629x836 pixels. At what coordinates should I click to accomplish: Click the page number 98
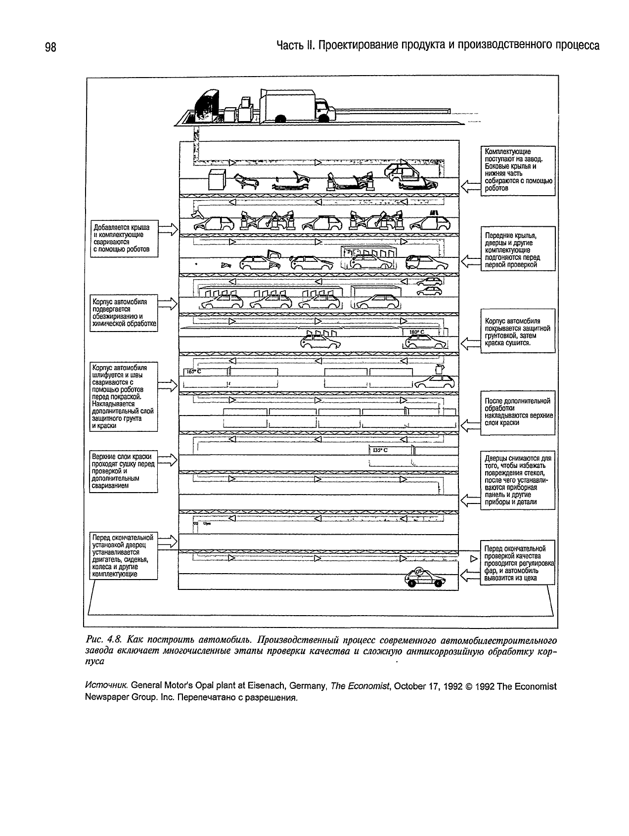tap(51, 47)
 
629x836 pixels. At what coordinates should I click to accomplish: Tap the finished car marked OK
tap(424, 577)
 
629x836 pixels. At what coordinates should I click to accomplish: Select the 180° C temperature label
tap(416, 332)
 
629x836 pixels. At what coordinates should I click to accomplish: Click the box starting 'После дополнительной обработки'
tap(517, 412)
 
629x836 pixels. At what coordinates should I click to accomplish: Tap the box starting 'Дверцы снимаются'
tap(517, 480)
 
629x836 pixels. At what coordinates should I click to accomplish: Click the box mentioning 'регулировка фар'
tap(517, 563)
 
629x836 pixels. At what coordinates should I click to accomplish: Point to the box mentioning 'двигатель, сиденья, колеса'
tap(124, 556)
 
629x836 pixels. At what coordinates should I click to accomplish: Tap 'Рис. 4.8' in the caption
tap(101, 641)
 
